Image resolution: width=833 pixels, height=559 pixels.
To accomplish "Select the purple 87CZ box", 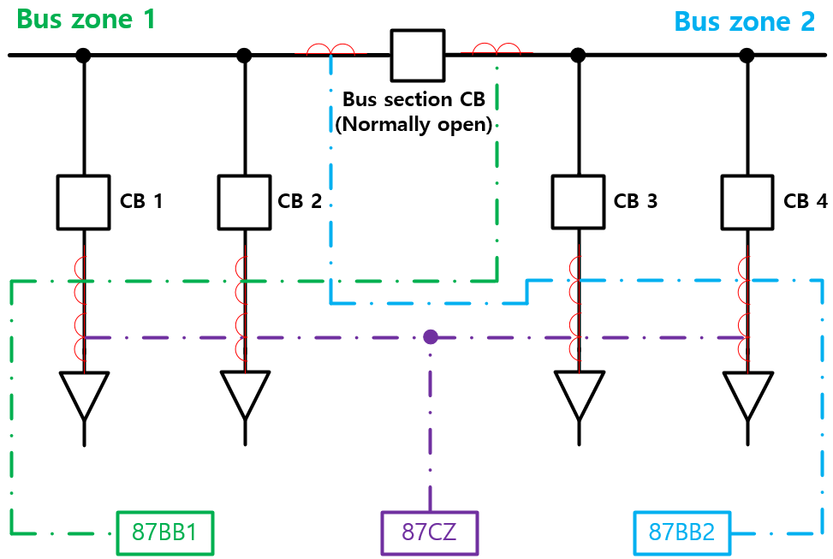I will click(429, 532).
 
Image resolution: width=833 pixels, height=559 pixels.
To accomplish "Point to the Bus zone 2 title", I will click(745, 21).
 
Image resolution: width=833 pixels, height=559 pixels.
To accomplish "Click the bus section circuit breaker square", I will click(418, 56).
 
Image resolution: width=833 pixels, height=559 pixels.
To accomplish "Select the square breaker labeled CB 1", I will click(84, 202).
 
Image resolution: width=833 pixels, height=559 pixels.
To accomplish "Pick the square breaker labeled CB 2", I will click(244, 202).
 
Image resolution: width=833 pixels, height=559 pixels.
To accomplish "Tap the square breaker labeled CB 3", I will click(578, 202).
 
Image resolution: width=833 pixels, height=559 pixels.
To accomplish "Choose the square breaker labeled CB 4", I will click(747, 202).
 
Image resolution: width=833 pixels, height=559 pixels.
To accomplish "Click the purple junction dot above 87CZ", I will click(431, 336).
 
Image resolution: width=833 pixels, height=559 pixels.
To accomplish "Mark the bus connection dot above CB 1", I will click(83, 56).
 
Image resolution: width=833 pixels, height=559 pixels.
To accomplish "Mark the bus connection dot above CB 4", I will click(747, 56).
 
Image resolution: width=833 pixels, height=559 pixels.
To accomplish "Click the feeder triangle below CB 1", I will click(84, 392).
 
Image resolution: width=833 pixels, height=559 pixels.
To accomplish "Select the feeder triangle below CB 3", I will click(579, 392).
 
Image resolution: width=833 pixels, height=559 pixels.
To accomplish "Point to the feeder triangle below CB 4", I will click(747, 392).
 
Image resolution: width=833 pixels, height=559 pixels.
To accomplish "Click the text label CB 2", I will click(300, 202).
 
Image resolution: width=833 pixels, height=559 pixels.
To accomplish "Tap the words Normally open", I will click(414, 124).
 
